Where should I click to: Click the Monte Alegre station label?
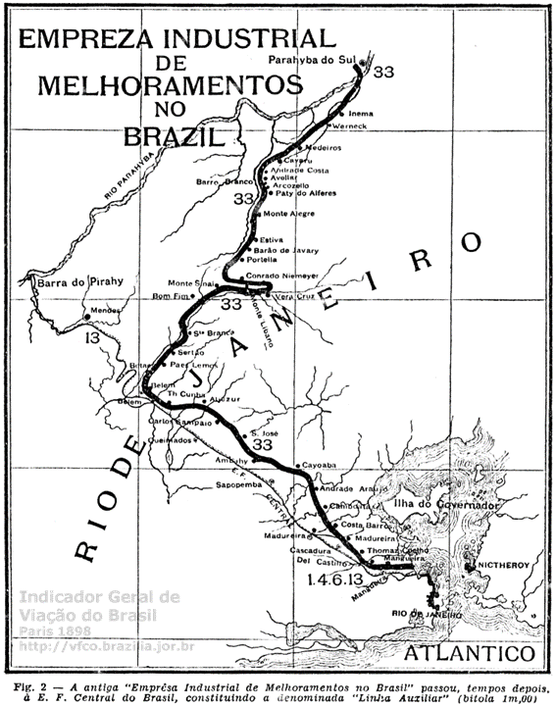(288, 214)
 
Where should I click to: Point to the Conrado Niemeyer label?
(284, 276)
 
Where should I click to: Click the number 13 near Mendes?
(92, 338)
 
